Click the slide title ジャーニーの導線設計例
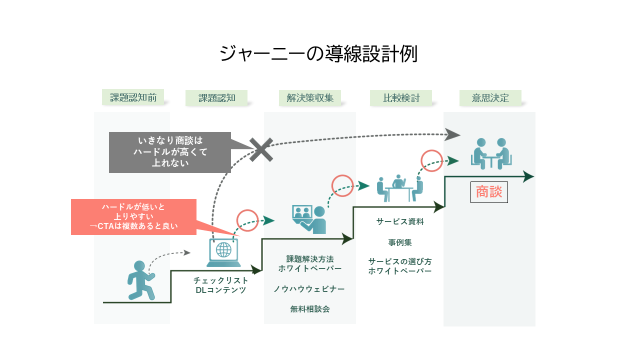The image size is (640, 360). tap(318, 54)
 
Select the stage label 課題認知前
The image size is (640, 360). tap(133, 97)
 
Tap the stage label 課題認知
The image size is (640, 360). tap(216, 98)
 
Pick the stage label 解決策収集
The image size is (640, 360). tap(310, 98)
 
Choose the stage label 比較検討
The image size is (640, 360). tap(401, 98)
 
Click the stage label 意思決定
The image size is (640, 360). tap(490, 98)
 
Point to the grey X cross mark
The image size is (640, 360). tap(261, 149)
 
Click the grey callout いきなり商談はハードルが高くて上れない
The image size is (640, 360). tap(170, 152)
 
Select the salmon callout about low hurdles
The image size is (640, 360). tap(133, 217)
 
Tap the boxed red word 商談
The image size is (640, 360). tap(489, 192)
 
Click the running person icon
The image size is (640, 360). tap(140, 280)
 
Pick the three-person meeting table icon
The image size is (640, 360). tap(399, 187)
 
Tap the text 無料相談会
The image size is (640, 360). tap(310, 309)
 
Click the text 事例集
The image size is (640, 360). tap(400, 242)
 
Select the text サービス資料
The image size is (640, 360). tap(400, 221)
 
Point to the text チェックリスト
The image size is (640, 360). tap(221, 280)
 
